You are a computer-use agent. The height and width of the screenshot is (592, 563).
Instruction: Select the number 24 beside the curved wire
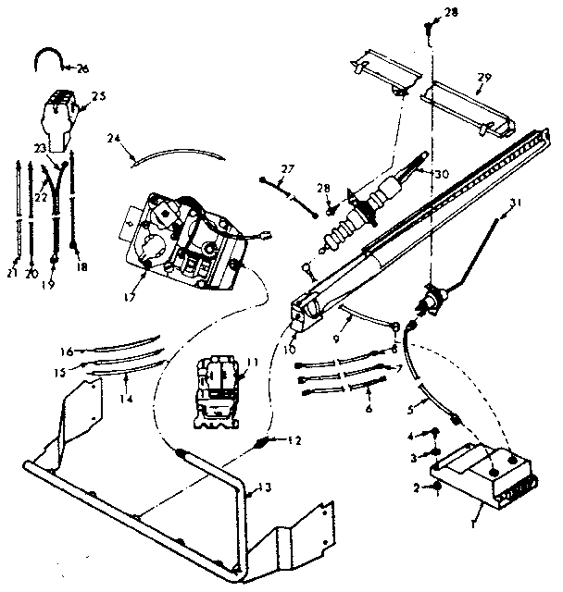[113, 141]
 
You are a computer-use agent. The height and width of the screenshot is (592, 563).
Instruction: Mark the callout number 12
[294, 441]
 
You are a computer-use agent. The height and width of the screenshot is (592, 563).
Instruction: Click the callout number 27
[286, 167]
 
